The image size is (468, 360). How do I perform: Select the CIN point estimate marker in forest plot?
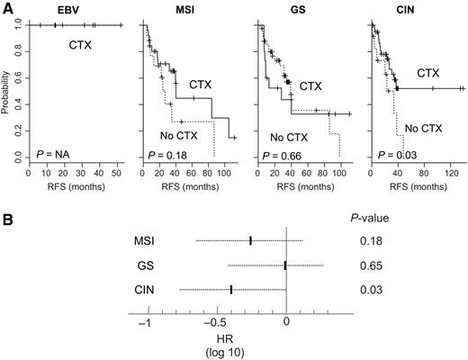(x=231, y=290)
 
